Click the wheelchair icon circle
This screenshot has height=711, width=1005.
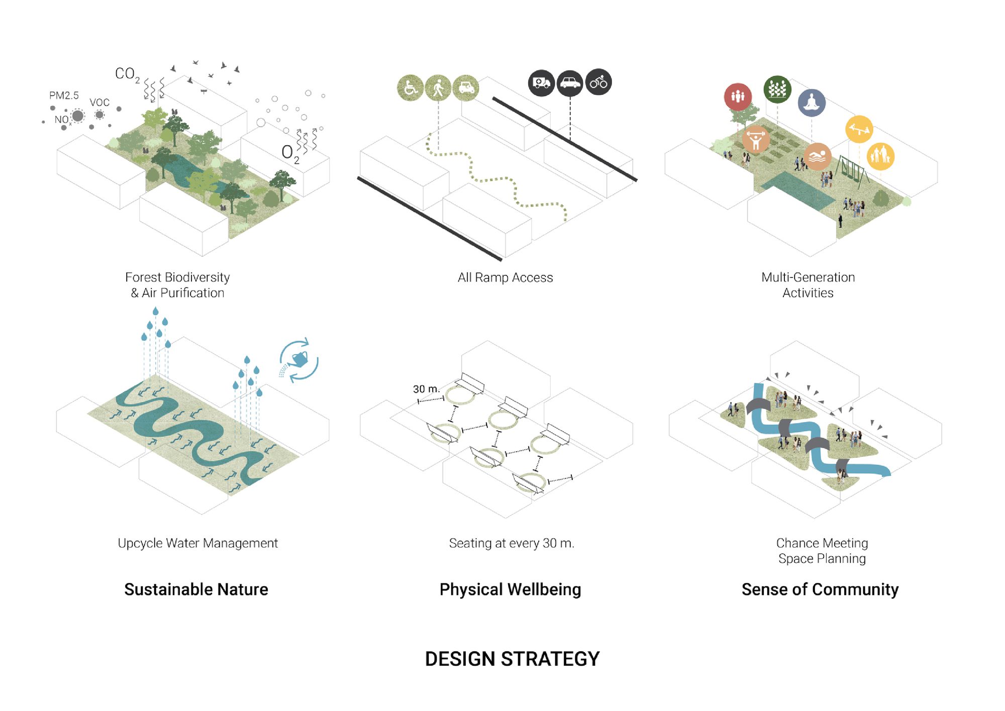[411, 88]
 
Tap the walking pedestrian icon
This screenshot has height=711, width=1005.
[438, 88]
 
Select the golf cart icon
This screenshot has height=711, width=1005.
[466, 88]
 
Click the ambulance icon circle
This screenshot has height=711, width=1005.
[541, 82]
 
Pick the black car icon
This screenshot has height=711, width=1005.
[570, 82]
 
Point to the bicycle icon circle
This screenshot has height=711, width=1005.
[598, 82]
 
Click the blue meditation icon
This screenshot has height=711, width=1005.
[812, 103]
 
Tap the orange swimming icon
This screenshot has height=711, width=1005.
[818, 156]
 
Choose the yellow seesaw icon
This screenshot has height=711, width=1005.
[859, 129]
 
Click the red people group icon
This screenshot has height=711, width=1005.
[738, 96]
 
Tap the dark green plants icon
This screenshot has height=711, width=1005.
[777, 89]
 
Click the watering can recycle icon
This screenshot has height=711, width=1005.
[299, 360]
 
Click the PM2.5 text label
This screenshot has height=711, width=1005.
[64, 95]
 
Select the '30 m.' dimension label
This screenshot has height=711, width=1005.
[426, 389]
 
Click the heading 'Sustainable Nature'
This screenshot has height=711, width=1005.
[196, 589]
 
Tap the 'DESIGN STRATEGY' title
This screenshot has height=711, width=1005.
[512, 659]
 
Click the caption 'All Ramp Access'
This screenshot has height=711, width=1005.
[505, 277]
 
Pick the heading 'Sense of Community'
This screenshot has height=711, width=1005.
[820, 589]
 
